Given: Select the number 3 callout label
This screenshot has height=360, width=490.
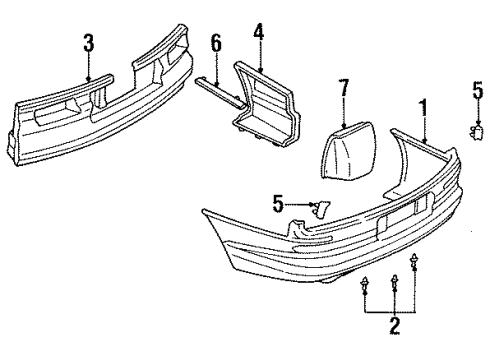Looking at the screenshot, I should pos(89,43).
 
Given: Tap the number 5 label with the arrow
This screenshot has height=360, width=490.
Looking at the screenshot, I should pos(277,206).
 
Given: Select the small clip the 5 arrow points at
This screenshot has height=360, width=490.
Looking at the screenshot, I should pos(321,208).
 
